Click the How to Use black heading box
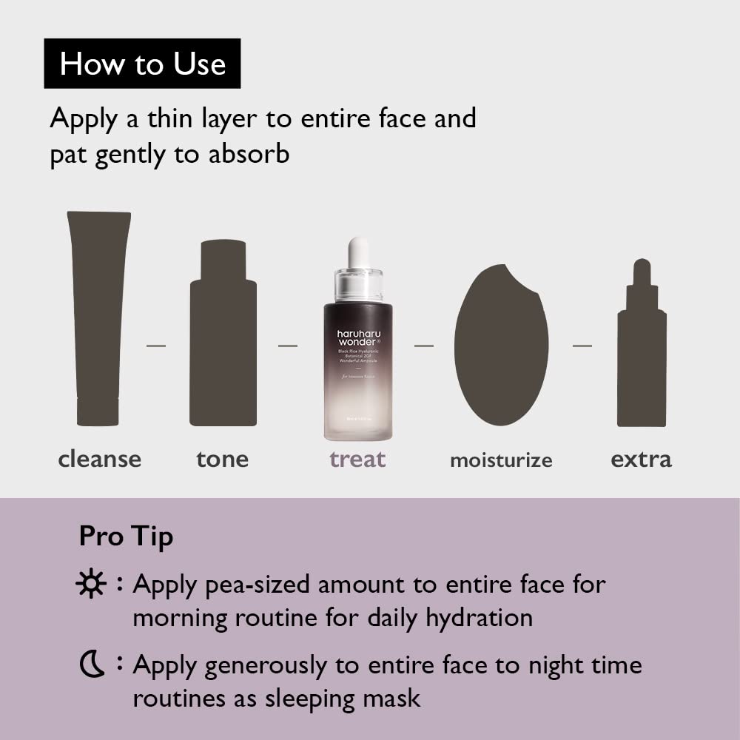142,64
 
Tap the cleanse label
99,459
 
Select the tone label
223,459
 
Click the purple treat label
357,459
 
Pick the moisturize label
501,460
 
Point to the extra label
641,459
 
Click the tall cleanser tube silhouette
98,318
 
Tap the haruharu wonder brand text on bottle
358,339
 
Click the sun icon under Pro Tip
91,585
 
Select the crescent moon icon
91,665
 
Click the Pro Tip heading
126,536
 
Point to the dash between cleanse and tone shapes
156,346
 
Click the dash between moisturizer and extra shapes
582,346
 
